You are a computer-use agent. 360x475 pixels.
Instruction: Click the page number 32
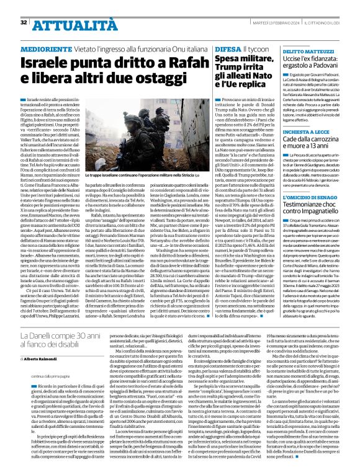tap(24, 22)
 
